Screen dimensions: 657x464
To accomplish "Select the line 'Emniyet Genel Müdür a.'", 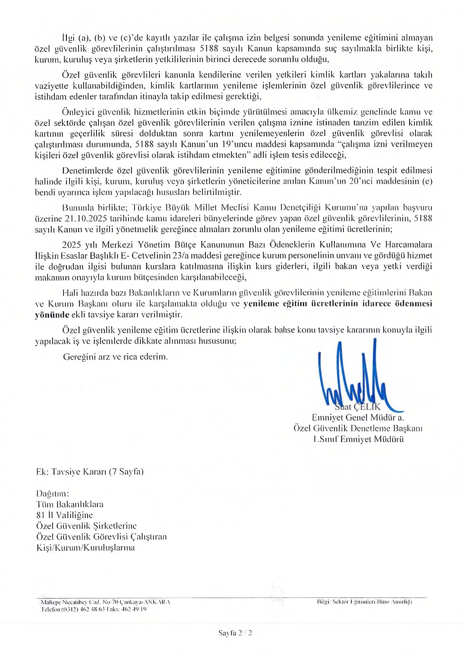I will tap(358, 417).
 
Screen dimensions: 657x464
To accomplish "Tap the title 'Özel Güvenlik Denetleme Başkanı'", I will tap(358, 428).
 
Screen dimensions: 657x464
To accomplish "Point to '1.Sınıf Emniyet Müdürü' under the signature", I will tap(358, 439).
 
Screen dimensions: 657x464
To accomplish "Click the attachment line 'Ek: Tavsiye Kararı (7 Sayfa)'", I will tap(90, 471).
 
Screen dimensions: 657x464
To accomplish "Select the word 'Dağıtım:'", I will tap(53, 493).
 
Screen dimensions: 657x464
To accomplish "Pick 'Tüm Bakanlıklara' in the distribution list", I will tap(70, 504).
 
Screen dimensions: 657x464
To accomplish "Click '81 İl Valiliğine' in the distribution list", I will tap(65, 515).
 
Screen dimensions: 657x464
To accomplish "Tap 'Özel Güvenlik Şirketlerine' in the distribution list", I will tap(86, 526).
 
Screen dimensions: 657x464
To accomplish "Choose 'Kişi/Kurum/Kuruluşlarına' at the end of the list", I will tap(86, 547).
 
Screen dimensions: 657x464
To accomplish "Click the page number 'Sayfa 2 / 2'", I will tap(235, 633).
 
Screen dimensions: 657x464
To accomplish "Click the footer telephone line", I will tap(94, 609).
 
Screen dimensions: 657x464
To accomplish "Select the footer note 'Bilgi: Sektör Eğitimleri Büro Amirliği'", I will tap(364, 602).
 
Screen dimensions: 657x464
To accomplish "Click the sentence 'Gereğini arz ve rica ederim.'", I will tap(115, 356).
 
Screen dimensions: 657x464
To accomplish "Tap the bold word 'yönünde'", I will tap(52, 314).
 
